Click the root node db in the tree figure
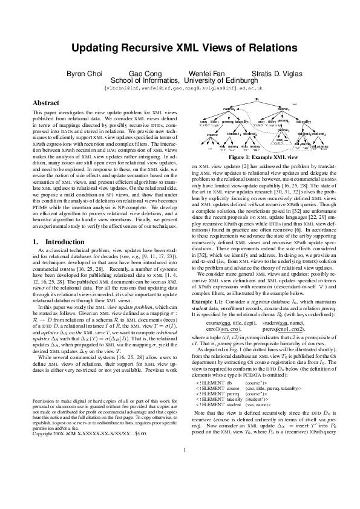coord(257,98)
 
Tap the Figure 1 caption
coord(256,157)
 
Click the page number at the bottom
coord(180,482)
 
